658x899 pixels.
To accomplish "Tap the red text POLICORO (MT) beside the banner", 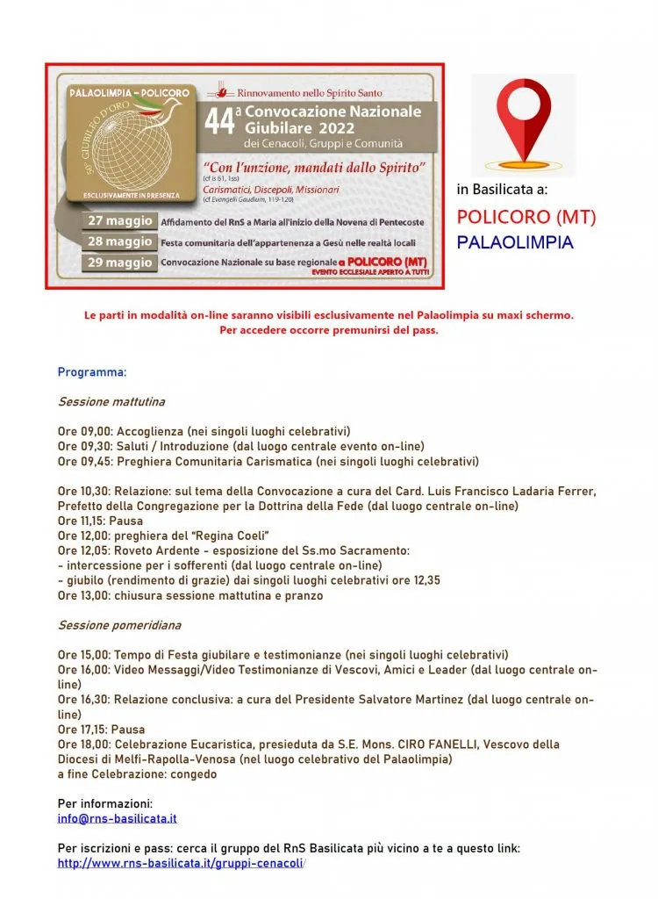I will pyautogui.click(x=526, y=217).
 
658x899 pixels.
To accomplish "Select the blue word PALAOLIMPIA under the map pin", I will pyautogui.click(x=515, y=241).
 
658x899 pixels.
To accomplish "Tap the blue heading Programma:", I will pyautogui.click(x=92, y=372).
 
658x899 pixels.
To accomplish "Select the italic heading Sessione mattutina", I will pyautogui.click(x=111, y=402).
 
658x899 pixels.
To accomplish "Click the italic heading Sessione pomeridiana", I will pyautogui.click(x=114, y=626).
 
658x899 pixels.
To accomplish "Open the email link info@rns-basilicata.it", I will pyautogui.click(x=118, y=818).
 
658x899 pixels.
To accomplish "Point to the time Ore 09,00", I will pyautogui.click(x=84, y=432).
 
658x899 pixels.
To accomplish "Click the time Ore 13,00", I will pyautogui.click(x=84, y=596).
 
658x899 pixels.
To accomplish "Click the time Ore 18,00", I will pyautogui.click(x=84, y=744).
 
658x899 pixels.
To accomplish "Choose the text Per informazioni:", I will pyautogui.click(x=105, y=803).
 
